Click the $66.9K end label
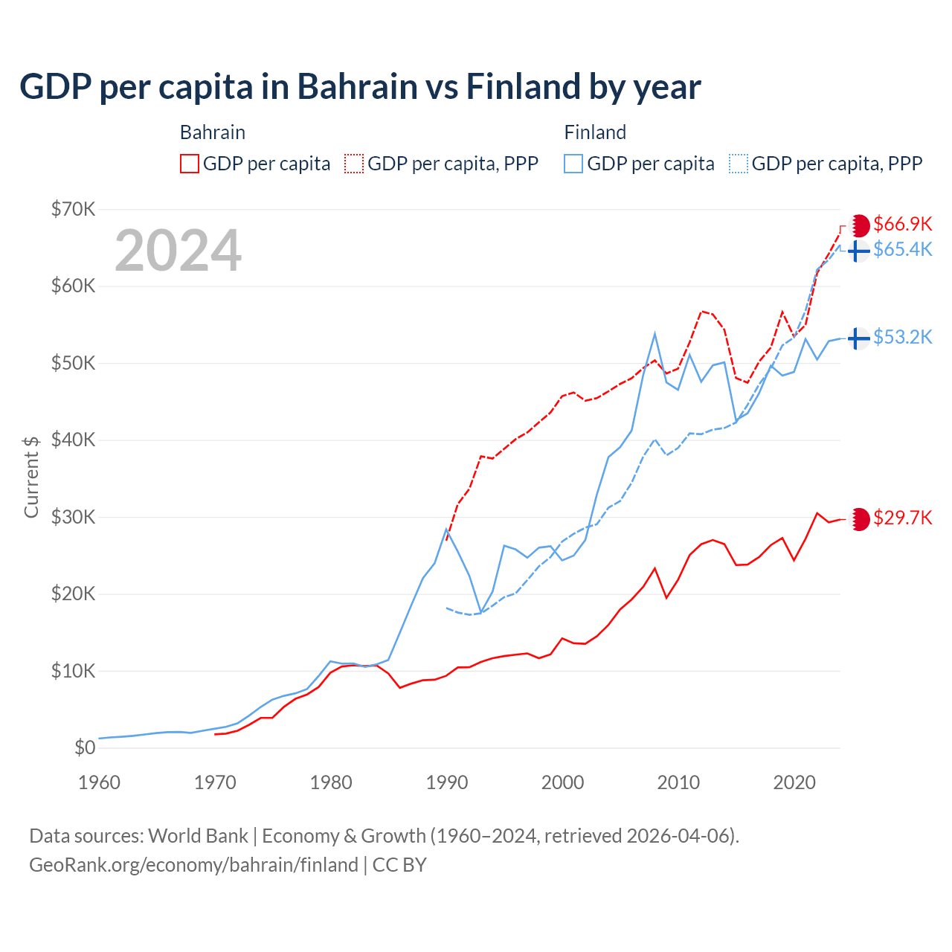click(902, 225)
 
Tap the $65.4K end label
click(902, 250)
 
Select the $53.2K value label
click(902, 338)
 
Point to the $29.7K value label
click(902, 518)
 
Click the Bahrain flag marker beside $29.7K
click(859, 519)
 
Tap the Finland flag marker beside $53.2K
click(859, 338)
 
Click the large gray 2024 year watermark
click(178, 251)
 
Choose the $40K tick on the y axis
click(74, 440)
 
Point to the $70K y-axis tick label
click(74, 210)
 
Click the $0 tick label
click(85, 748)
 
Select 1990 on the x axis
click(447, 782)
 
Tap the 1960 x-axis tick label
click(99, 782)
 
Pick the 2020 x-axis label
click(794, 782)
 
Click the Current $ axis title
click(31, 477)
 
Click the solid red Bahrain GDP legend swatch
click(190, 164)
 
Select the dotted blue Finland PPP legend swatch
click(739, 164)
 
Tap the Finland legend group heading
click(595, 132)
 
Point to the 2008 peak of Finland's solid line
click(654, 334)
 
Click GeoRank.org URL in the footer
click(193, 865)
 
